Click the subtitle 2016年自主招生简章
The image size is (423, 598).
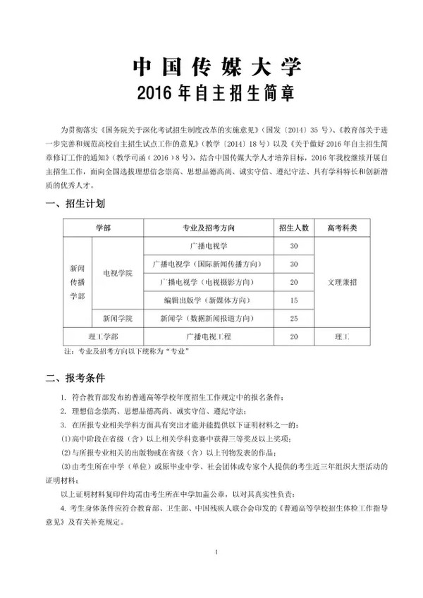click(216, 93)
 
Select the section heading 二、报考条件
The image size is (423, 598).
click(75, 378)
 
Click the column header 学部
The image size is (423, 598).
click(103, 228)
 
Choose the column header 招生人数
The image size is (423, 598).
click(294, 228)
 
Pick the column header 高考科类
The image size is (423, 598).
click(342, 228)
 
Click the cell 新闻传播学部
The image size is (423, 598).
click(78, 282)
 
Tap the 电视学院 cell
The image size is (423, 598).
click(117, 273)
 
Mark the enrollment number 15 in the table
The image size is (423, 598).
click(294, 300)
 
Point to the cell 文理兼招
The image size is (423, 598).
click(342, 281)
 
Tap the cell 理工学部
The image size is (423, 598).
click(103, 337)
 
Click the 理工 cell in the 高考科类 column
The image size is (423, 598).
click(342, 337)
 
